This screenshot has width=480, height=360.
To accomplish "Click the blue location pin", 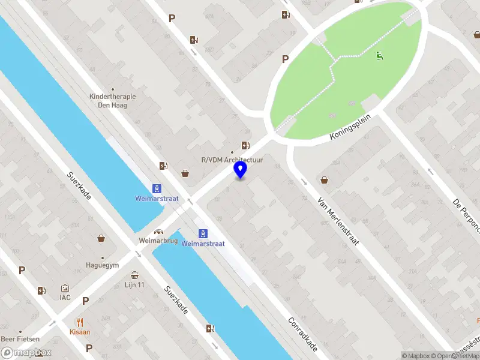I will coord(240,170).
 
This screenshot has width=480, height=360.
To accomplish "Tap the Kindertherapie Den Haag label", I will coord(112,100).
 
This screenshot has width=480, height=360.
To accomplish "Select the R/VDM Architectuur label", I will coord(232,160).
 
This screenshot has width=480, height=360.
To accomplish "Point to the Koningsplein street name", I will coord(351,128).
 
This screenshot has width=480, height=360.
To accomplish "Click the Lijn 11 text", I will coord(135,284).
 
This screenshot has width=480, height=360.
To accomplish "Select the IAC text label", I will coord(65,297).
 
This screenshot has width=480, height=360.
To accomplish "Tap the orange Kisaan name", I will coord(80,331).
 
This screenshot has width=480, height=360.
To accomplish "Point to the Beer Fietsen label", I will coord(20,339).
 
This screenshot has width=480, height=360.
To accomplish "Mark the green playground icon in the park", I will coord(379,56).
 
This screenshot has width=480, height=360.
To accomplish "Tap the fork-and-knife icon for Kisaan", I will coord(80,322).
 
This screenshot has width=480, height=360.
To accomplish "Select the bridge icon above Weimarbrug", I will coord(159,232).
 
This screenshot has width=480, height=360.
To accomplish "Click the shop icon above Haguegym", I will coord(102,238).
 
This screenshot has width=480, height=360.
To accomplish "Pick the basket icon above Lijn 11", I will coord(134,275).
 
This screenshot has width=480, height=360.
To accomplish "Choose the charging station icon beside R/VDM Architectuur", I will coord(245,145).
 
